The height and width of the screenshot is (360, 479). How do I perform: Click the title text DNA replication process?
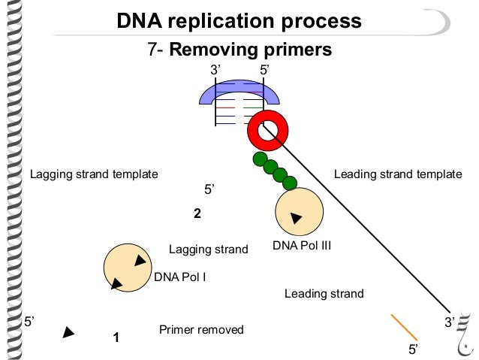pos(239,20)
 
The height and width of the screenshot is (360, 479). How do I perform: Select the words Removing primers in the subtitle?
pos(251,50)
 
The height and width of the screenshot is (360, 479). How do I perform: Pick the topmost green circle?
pos(260,159)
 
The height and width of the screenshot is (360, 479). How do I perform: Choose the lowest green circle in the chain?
pos(289,183)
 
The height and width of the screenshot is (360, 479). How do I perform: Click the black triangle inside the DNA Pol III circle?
pos(296,218)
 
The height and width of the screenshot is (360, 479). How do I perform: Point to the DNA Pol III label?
pos(301,245)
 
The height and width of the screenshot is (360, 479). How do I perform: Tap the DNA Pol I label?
pos(179,277)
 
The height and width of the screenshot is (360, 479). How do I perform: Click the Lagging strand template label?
pos(94,174)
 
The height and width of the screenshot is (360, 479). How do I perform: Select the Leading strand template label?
pos(397,174)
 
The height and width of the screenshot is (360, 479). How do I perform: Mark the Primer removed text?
pos(201,330)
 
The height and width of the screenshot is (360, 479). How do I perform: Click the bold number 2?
pos(197,213)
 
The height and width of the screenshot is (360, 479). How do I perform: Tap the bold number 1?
pos(116,337)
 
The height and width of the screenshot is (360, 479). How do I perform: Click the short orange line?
pos(404,327)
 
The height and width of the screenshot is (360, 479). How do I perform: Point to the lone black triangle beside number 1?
pos(68,332)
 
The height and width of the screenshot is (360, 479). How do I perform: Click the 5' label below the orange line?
pos(413,349)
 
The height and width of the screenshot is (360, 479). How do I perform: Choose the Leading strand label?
pos(324,294)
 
